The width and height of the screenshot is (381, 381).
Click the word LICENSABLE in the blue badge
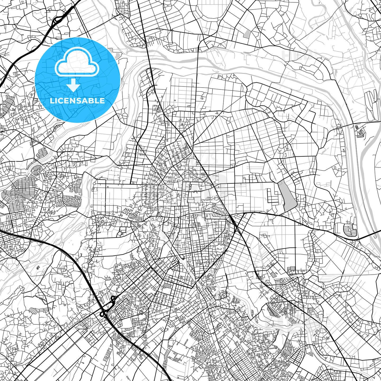[x=77, y=101]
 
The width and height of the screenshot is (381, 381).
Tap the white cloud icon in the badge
[x=77, y=62]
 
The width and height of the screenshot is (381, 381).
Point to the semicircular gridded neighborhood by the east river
[x=350, y=230]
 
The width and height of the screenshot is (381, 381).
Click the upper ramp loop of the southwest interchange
[x=114, y=298]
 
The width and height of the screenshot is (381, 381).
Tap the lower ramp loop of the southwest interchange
[x=102, y=314]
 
